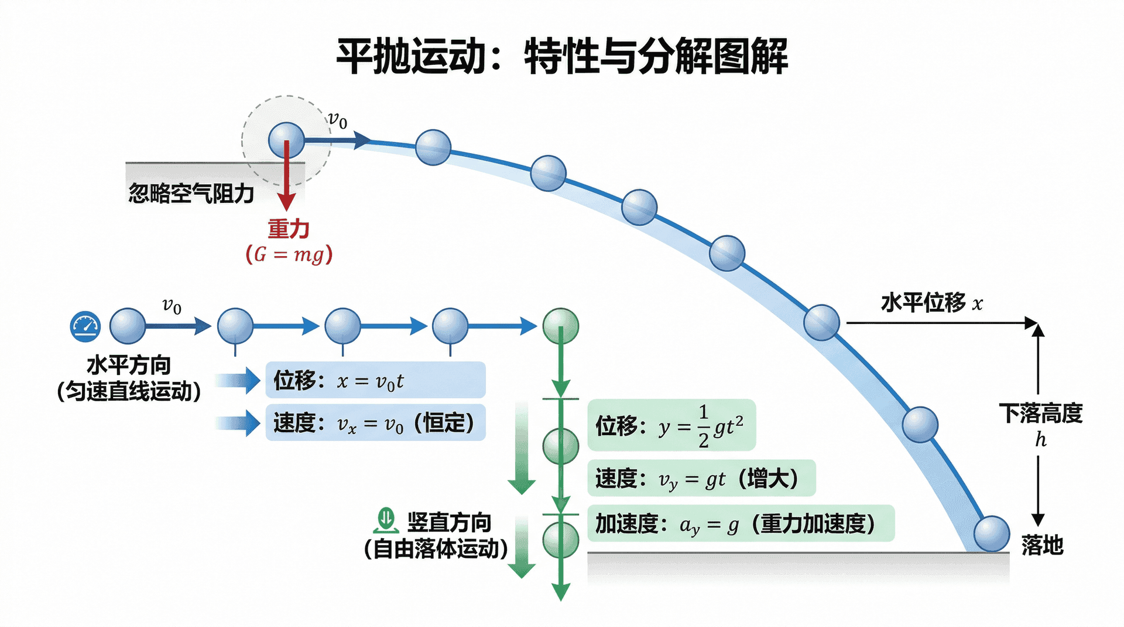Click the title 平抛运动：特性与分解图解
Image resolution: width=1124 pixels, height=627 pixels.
coord(562,56)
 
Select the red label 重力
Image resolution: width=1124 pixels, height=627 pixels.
coord(289,229)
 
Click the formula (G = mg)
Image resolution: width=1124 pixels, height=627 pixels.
coord(289,254)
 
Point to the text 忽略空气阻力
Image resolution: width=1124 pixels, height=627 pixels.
coord(191,193)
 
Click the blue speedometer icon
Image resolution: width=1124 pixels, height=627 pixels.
coord(85,326)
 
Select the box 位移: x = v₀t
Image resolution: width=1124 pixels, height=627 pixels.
coord(375,380)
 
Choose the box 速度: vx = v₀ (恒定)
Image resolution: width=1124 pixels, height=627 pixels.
coord(375,422)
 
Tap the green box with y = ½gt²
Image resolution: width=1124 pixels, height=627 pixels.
coord(671,425)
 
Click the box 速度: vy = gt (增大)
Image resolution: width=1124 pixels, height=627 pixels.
coord(701,478)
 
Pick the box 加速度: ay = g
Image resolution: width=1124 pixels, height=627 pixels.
coord(741,523)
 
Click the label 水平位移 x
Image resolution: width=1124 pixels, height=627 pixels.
coord(931,303)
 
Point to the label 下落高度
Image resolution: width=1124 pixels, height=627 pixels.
coord(1040,414)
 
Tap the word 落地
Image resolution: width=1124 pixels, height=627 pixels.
coord(1042,545)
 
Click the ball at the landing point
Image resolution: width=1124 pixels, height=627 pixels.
coord(992,533)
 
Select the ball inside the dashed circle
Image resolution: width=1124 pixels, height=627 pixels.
coord(286,140)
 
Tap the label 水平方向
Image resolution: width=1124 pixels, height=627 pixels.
coord(129,365)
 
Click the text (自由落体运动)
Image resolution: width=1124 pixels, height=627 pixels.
coord(436,549)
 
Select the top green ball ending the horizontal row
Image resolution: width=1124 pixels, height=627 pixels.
coord(561,326)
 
